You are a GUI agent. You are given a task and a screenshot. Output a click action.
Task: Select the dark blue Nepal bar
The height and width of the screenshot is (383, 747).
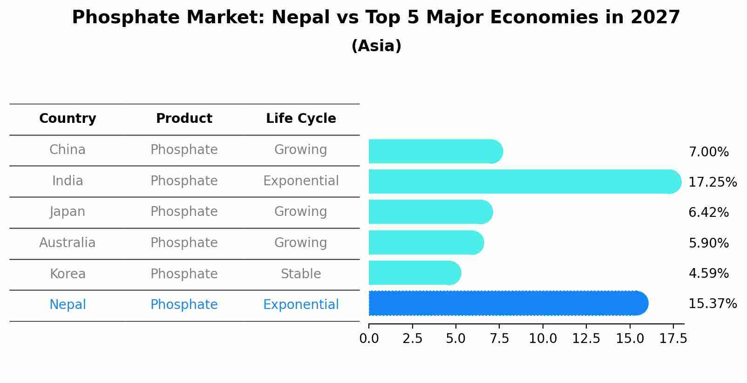click(x=508, y=303)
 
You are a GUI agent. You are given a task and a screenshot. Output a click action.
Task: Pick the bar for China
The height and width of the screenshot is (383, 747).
click(x=435, y=151)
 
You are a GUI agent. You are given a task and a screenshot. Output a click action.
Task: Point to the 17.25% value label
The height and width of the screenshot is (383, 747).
click(x=712, y=182)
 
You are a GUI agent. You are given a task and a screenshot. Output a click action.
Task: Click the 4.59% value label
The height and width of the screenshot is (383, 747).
click(x=708, y=273)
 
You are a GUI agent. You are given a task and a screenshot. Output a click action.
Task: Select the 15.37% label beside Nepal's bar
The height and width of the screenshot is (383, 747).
click(x=712, y=304)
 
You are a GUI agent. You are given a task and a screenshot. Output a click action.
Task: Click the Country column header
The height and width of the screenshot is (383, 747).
click(x=68, y=119)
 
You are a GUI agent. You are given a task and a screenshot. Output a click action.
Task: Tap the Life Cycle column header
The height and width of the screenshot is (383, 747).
click(x=301, y=119)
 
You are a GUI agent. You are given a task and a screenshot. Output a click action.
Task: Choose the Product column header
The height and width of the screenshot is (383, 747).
click(x=184, y=119)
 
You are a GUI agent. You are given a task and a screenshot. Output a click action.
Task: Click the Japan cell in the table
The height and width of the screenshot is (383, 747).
click(x=68, y=212)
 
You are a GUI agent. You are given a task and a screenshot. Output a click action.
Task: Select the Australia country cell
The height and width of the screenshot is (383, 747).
click(x=68, y=243)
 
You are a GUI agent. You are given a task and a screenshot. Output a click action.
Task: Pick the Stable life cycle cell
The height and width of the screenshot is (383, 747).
click(x=301, y=274)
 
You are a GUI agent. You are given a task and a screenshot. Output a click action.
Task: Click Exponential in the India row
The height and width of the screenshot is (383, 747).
click(x=301, y=181)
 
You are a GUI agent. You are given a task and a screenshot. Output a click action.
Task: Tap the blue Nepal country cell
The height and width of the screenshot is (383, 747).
click(x=68, y=305)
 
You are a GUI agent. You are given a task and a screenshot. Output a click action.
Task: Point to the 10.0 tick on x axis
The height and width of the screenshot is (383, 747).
click(x=543, y=339)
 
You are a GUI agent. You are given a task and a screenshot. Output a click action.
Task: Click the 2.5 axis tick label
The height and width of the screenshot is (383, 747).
click(x=412, y=339)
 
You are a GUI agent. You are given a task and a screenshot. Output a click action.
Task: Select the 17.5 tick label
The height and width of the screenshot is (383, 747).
click(x=673, y=339)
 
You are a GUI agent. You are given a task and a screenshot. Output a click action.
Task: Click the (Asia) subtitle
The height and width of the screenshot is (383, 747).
click(x=376, y=46)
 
